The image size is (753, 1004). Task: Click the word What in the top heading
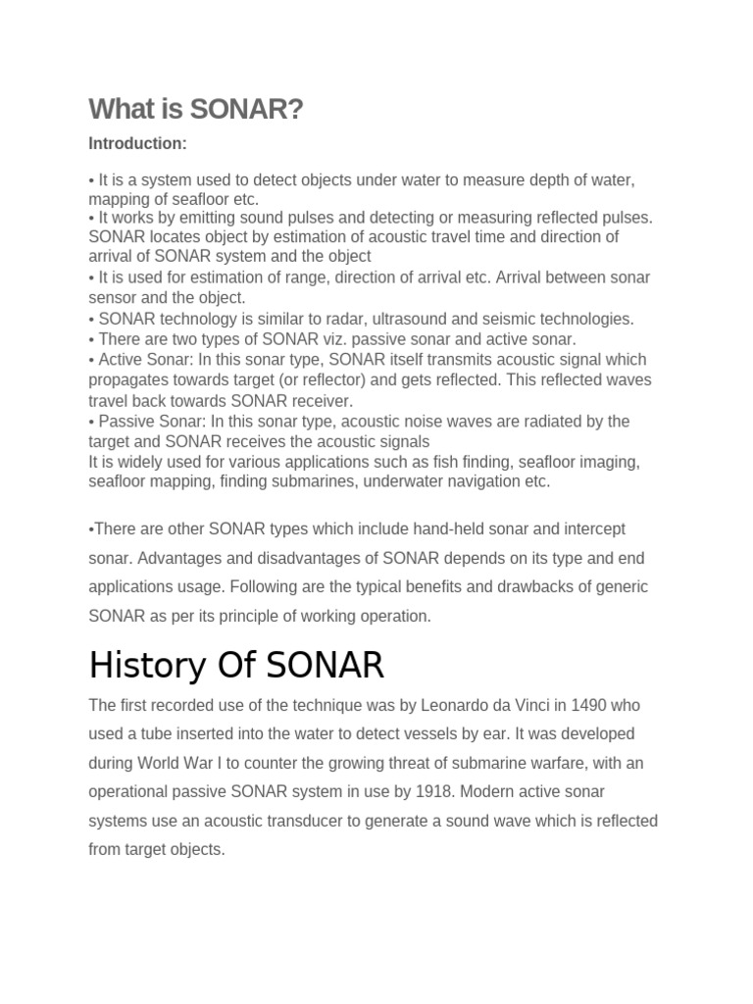[x=119, y=110]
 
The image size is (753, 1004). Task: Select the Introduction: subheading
[x=137, y=144]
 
